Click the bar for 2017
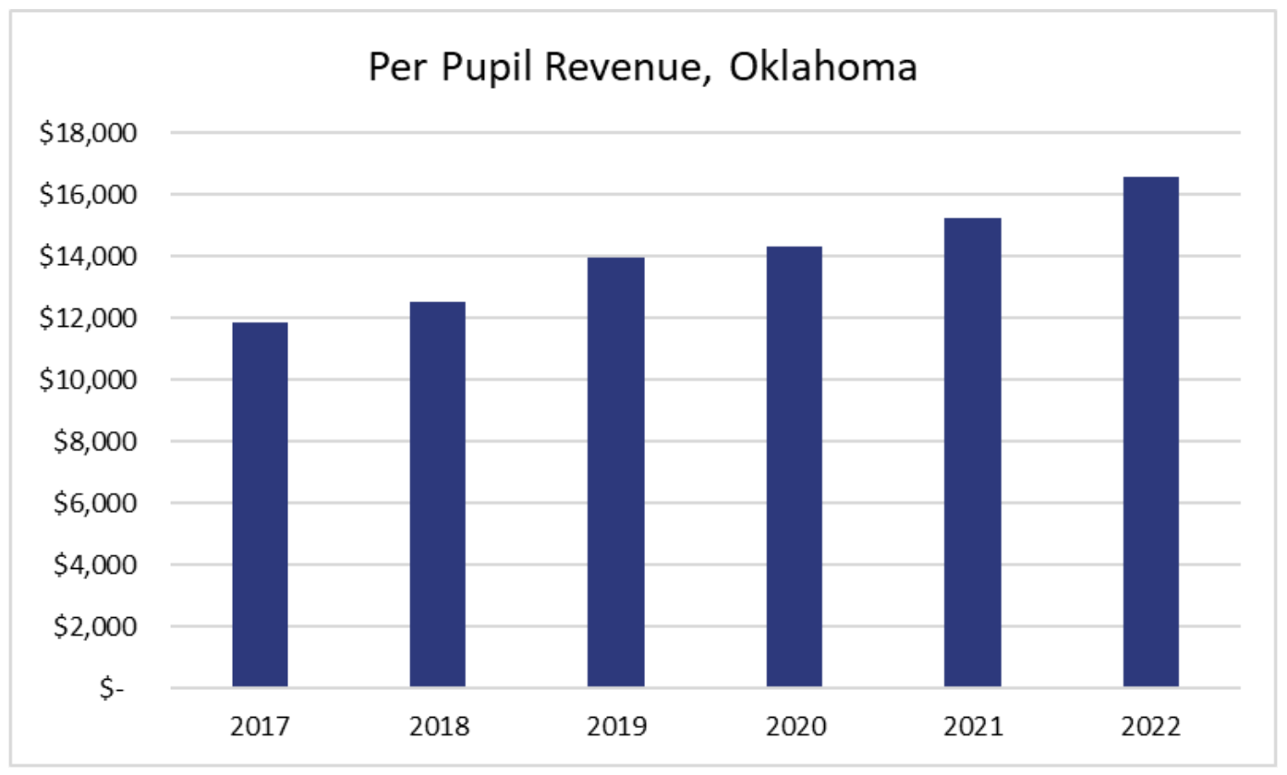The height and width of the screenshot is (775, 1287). pos(260,504)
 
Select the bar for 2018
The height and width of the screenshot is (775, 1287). pos(438,494)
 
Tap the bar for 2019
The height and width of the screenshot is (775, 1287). pos(616,472)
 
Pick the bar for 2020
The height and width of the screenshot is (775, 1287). pos(794,466)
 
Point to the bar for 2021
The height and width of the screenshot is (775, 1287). pos(972,452)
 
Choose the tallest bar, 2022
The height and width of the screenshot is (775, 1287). pos(1150,431)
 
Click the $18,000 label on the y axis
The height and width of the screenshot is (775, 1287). pos(88,133)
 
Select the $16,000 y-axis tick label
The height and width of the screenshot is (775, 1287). pos(88,195)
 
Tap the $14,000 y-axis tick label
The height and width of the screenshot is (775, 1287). pos(88,257)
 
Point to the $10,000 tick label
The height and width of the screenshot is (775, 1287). pos(88,380)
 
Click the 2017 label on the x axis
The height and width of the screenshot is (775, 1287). pos(260,727)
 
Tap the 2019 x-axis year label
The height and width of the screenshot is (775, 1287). pos(616,727)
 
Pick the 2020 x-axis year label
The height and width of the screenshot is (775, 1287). pos(794,727)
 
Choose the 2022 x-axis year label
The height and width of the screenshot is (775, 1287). pos(1150,727)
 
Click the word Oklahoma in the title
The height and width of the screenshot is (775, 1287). pos(823,68)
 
